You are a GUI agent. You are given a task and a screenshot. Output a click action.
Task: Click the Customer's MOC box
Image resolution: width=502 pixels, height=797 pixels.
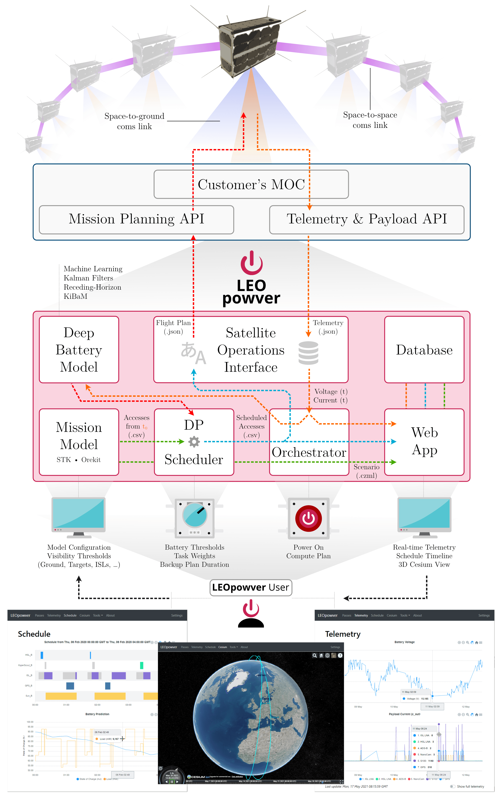[251, 184]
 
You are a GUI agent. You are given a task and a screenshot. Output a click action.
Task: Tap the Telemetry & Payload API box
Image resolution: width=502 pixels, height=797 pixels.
[367, 219]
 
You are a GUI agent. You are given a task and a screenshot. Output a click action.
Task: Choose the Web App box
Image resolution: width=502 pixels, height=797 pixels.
[424, 442]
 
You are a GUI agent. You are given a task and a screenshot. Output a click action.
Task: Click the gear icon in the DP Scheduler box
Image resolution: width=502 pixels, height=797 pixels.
[194, 442]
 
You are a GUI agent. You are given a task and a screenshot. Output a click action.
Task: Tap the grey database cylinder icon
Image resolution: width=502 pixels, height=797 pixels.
[308, 353]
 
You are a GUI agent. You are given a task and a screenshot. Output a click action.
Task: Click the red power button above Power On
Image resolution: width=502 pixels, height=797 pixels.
[309, 518]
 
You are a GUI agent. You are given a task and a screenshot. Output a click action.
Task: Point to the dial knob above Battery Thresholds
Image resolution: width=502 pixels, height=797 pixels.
[195, 515]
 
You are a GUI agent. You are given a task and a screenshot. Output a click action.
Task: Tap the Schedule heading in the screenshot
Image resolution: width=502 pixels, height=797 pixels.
[34, 634]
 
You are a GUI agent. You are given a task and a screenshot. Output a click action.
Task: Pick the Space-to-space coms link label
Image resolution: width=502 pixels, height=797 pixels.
[370, 120]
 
